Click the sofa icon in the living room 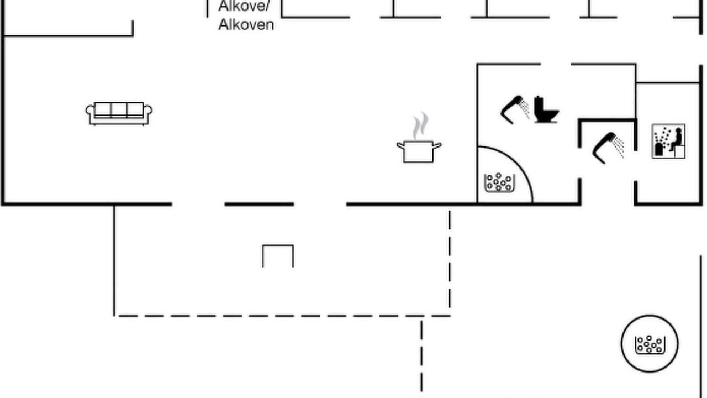pos(119,113)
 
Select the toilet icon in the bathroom pos(546,109)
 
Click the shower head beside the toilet pos(515,109)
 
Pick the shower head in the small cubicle pos(608,148)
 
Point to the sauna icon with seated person pos(668,141)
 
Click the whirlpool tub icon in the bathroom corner pos(500,182)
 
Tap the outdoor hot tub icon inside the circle pos(650,344)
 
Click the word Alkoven pos(246,25)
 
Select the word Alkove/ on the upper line pos(244,6)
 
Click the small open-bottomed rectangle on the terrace pos(278,256)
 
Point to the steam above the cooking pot pos(421,125)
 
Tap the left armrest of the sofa pos(90,111)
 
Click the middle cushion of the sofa pos(119,109)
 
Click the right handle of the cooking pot pos(437,145)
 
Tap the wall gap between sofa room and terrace pos(198,205)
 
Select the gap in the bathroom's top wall pos(556,64)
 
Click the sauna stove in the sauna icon pos(659,149)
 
